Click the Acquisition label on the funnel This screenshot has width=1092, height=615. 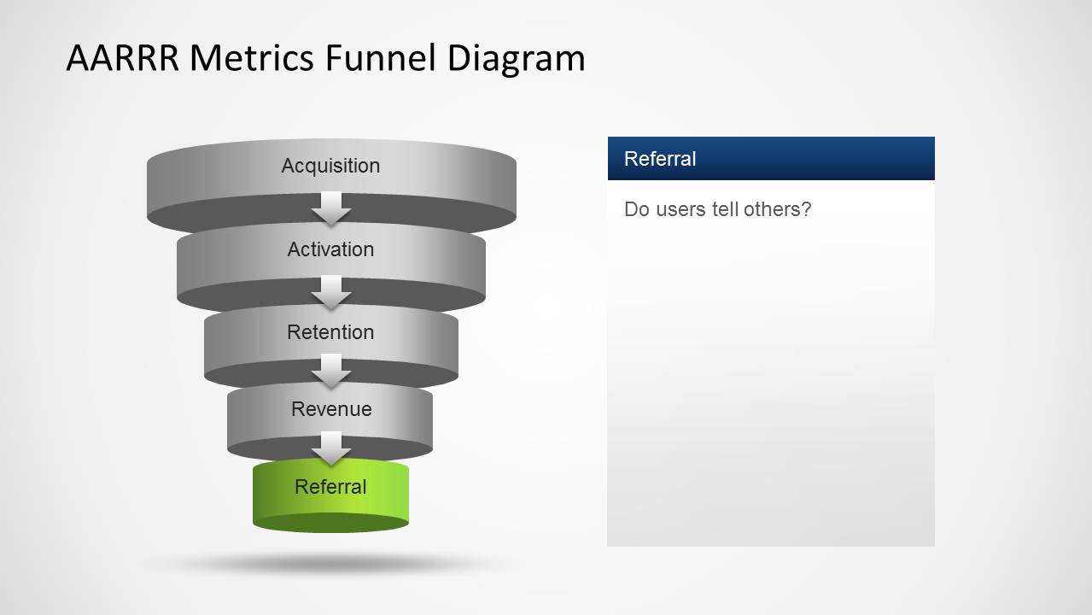(330, 166)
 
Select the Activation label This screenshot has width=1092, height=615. (330, 249)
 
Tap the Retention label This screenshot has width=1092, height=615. (330, 332)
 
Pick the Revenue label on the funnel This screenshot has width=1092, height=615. (331, 409)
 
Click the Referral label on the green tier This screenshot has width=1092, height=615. (330, 487)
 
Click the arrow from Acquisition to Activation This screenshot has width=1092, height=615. (331, 208)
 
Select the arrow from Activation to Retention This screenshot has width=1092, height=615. (331, 291)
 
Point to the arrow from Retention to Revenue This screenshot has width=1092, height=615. (331, 370)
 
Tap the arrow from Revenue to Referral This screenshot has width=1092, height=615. (331, 447)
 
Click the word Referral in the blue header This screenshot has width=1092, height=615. (660, 159)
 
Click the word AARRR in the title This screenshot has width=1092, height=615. (123, 58)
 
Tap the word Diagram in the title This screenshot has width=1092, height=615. (517, 58)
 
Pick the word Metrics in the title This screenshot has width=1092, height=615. (253, 58)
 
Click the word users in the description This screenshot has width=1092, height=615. (681, 209)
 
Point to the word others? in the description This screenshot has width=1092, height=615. (777, 209)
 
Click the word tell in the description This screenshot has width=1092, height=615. (726, 209)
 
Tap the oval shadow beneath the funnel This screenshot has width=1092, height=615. (331, 564)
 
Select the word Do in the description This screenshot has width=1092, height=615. (636, 209)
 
